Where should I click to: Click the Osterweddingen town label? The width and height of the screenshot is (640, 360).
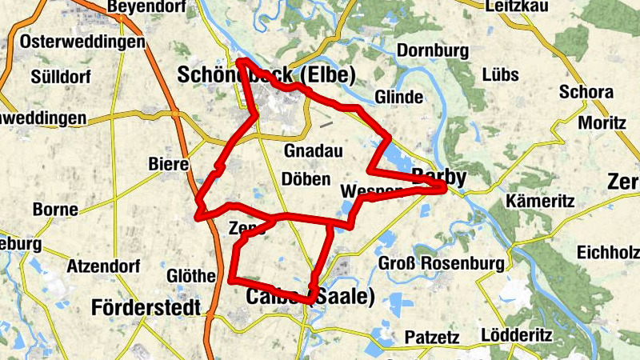pyautogui.click(x=83, y=41)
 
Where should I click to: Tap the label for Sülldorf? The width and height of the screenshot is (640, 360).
pyautogui.click(x=62, y=77)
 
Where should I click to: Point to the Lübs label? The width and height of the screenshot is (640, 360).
pyautogui.click(x=501, y=74)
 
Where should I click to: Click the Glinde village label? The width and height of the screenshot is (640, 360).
pyautogui.click(x=398, y=97)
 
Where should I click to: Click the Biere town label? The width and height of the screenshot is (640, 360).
pyautogui.click(x=168, y=165)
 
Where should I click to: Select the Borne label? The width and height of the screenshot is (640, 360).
pyautogui.click(x=55, y=210)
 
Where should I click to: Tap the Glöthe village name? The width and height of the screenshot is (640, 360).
pyautogui.click(x=190, y=276)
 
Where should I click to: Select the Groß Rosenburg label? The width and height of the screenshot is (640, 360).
pyautogui.click(x=441, y=263)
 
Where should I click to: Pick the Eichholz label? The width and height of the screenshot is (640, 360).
pyautogui.click(x=608, y=252)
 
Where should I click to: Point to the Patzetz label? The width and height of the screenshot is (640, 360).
pyautogui.click(x=432, y=337)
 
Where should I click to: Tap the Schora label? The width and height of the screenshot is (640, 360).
pyautogui.click(x=586, y=92)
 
